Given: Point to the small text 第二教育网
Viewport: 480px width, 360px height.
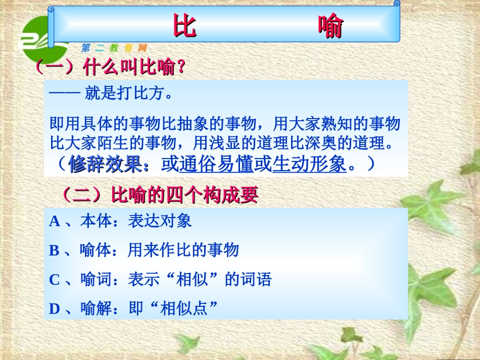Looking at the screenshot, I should [x=114, y=48].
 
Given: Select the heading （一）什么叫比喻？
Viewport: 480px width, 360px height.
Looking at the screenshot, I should [x=109, y=67].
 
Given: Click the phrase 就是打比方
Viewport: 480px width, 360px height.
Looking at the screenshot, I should [x=128, y=94].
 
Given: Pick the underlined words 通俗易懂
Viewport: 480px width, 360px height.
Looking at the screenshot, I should [x=216, y=165].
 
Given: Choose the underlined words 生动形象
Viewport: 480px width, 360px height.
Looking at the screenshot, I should [x=310, y=165].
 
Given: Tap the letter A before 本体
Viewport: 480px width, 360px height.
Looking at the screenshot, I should [x=55, y=221].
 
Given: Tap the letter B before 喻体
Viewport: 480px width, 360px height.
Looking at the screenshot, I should [x=55, y=250].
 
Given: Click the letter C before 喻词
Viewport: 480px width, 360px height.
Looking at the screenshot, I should [x=55, y=279].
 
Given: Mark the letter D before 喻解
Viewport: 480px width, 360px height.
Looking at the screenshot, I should [x=55, y=308].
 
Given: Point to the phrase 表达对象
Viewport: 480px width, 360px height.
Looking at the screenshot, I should [x=160, y=221].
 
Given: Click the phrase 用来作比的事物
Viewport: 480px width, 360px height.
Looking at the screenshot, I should [x=183, y=250].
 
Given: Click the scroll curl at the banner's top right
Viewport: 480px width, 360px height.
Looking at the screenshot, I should [x=397, y=4].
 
